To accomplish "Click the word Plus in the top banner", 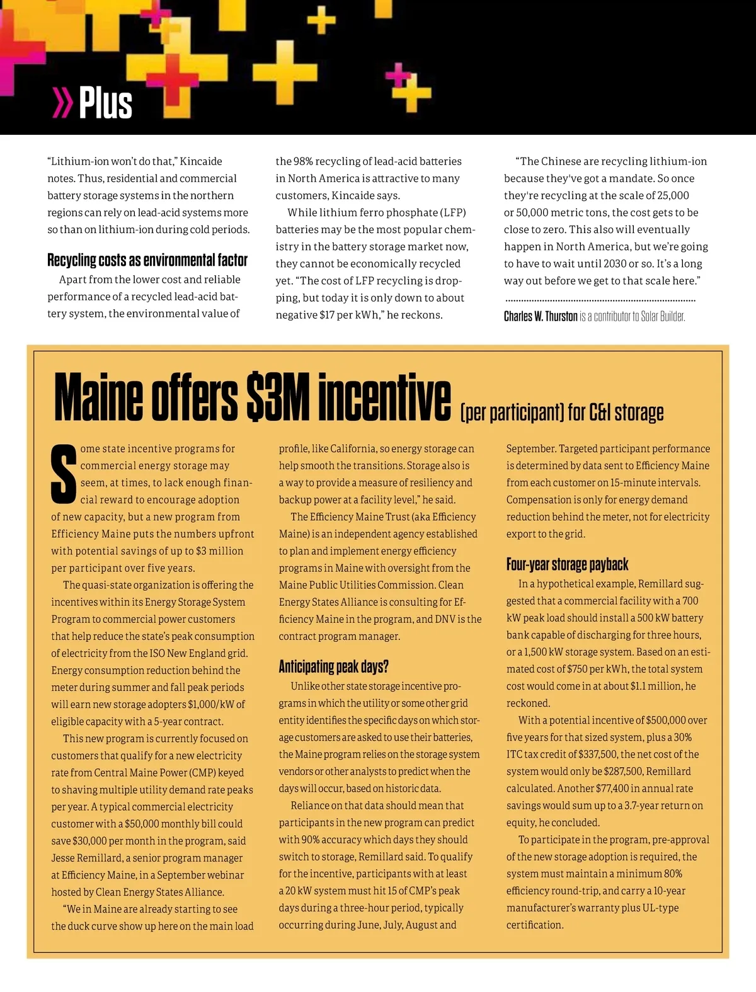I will click(x=105, y=103).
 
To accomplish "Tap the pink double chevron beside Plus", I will click(x=62, y=103).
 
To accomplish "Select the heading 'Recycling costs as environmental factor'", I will click(x=147, y=260).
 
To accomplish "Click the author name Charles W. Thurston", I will click(x=541, y=316).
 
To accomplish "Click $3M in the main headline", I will click(x=278, y=399).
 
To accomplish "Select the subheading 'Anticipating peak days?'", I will click(x=333, y=666).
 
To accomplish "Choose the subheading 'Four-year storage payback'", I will click(x=567, y=564).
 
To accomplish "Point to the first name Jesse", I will click(x=64, y=858).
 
